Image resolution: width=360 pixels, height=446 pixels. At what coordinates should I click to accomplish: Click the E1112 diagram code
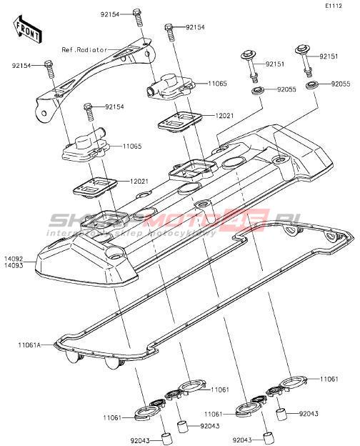click(334, 6)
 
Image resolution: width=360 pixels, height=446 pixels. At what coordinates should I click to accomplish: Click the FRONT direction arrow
click(28, 29)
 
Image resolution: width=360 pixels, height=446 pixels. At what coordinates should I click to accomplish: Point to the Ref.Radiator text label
click(84, 50)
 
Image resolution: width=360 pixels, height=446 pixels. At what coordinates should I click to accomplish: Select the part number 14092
click(14, 259)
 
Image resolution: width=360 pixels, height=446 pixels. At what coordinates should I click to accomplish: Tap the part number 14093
click(14, 265)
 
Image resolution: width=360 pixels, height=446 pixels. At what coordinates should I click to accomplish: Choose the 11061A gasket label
click(29, 345)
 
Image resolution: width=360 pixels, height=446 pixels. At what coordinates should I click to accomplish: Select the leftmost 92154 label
click(21, 66)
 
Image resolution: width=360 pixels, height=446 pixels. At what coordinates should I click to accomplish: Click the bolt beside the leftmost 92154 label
click(49, 70)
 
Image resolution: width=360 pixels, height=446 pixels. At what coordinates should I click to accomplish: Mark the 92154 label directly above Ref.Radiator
click(109, 14)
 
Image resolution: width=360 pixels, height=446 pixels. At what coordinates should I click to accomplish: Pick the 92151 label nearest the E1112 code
click(329, 56)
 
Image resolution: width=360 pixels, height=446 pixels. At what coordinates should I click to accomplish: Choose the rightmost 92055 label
click(341, 84)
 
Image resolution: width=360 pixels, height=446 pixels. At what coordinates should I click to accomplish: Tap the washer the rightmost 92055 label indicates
click(313, 85)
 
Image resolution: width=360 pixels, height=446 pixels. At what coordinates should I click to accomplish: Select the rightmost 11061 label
click(329, 379)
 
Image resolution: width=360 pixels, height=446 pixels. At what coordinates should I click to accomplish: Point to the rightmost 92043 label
click(309, 414)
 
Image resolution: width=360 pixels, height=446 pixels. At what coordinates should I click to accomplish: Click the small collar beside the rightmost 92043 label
click(281, 414)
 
